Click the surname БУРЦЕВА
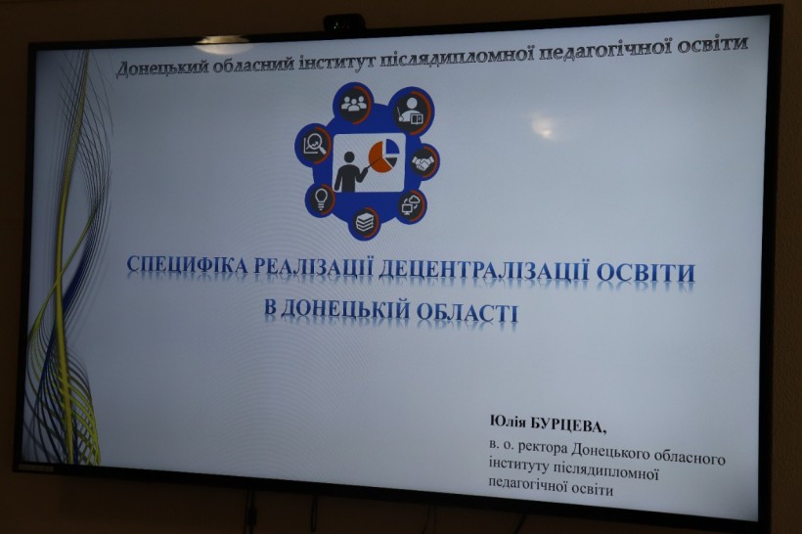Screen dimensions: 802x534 567,425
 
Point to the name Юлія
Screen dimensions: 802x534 507,422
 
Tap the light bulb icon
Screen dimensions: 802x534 321,199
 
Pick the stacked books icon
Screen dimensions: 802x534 365,222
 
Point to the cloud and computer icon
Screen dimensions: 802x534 411,204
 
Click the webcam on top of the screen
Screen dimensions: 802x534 343,23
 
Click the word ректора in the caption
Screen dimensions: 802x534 543,447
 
